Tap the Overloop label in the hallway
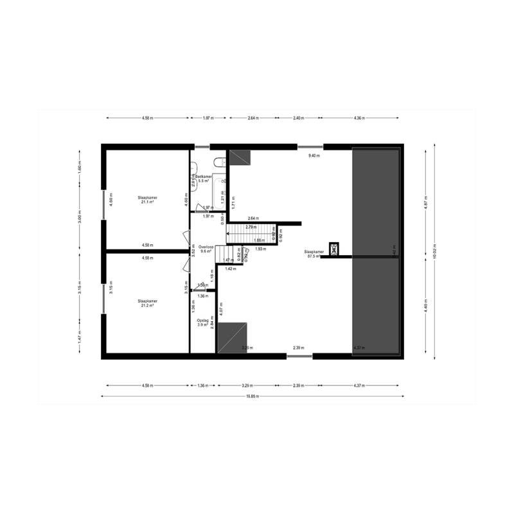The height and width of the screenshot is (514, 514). pyautogui.click(x=206, y=249)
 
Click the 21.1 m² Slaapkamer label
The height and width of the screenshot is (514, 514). pyautogui.click(x=148, y=199)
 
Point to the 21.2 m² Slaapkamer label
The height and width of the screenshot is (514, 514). pyautogui.click(x=148, y=303)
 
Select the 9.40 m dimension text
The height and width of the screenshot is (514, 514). pyautogui.click(x=314, y=156)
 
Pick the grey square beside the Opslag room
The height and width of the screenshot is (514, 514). pyautogui.click(x=231, y=338)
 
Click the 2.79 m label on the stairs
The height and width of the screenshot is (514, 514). pyautogui.click(x=251, y=227)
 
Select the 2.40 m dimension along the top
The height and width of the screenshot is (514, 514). pyautogui.click(x=297, y=118)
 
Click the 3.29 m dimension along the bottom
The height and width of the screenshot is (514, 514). pyautogui.click(x=247, y=385)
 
